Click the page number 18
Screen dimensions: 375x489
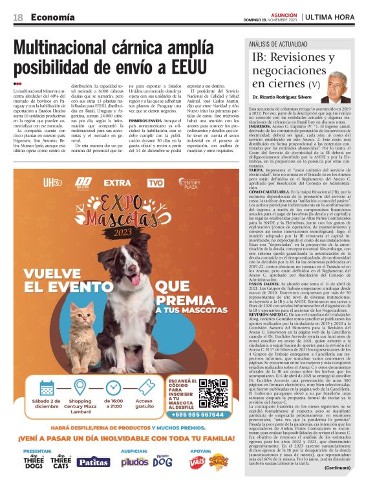17,17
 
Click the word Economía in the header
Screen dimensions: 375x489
52,17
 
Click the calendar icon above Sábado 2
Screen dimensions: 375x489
47,387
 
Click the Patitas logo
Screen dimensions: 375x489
92,462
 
